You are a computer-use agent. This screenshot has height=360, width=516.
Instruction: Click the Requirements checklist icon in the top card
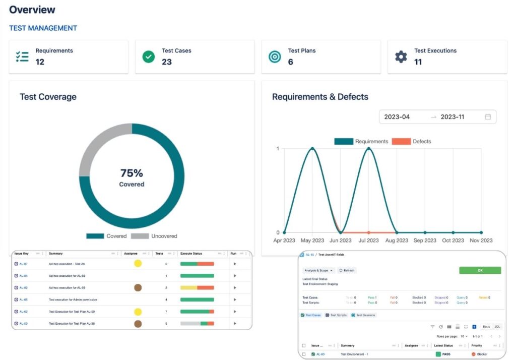(x=22, y=56)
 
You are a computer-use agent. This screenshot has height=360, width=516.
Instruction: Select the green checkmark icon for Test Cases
(x=148, y=56)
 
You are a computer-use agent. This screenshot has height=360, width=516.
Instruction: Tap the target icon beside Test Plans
(x=275, y=56)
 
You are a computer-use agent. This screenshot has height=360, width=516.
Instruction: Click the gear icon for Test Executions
(x=401, y=56)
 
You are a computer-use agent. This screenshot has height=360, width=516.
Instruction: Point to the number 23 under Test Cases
(x=167, y=62)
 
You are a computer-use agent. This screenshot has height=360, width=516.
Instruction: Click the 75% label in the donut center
(x=132, y=173)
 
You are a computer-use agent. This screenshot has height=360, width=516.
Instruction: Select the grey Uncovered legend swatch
(x=140, y=236)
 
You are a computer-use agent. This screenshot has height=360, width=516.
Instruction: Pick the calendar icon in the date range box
(x=488, y=117)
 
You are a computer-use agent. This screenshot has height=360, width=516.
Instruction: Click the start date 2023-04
(x=397, y=117)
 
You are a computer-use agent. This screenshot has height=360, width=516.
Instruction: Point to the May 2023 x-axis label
(x=312, y=241)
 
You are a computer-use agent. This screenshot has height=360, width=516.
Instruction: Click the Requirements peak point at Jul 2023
(x=369, y=148)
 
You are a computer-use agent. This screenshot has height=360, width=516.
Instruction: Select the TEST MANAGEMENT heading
(x=43, y=28)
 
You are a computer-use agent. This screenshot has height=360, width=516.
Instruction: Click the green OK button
(x=480, y=270)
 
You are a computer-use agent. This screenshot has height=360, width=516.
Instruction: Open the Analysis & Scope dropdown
(x=318, y=270)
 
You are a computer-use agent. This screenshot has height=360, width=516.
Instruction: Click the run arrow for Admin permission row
(x=235, y=299)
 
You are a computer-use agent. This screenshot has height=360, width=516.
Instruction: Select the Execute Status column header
(x=191, y=254)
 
